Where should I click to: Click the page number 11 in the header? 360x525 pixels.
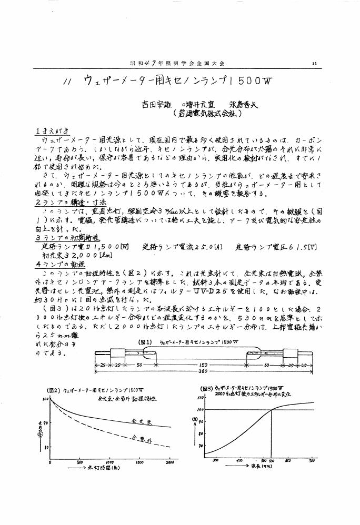click(x=314, y=63)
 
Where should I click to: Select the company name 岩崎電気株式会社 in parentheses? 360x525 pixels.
click(x=207, y=113)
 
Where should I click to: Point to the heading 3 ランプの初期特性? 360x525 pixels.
click(x=61, y=237)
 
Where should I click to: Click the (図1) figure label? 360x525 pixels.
click(x=145, y=341)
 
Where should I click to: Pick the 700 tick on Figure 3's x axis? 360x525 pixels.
click(x=311, y=460)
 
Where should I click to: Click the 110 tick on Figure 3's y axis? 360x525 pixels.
click(x=200, y=399)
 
